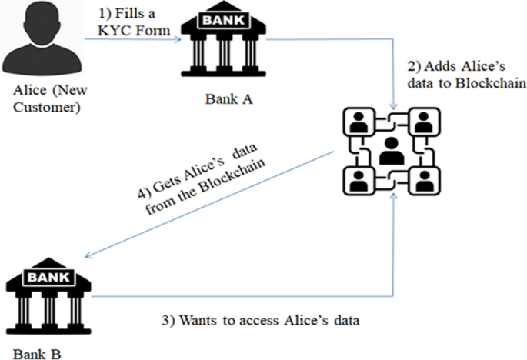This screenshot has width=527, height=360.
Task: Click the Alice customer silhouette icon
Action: click(x=42, y=38)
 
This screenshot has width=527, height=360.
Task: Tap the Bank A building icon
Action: click(x=224, y=39)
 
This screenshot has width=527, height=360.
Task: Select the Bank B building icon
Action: click(x=48, y=296)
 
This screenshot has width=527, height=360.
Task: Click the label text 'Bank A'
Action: click(x=229, y=99)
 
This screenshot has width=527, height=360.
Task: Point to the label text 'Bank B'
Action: click(x=37, y=355)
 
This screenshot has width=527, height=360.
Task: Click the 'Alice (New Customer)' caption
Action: click(x=50, y=98)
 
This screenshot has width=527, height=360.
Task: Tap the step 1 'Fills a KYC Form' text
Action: click(x=134, y=22)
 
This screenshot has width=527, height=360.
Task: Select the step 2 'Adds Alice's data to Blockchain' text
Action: click(x=466, y=75)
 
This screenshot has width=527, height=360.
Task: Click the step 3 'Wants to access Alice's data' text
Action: click(x=261, y=320)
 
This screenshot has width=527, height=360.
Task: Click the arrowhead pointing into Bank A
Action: click(x=178, y=39)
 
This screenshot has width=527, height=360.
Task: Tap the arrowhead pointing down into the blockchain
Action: click(x=393, y=107)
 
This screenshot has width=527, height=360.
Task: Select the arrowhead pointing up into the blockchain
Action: click(x=393, y=196)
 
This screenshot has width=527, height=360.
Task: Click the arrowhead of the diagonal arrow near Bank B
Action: click(x=88, y=255)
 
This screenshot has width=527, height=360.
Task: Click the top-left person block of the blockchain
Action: click(x=359, y=122)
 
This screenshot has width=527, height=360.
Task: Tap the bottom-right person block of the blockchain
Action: click(x=425, y=181)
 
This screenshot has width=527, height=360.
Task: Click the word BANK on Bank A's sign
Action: click(x=224, y=20)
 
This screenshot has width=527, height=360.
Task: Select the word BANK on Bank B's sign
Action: click(x=49, y=278)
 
